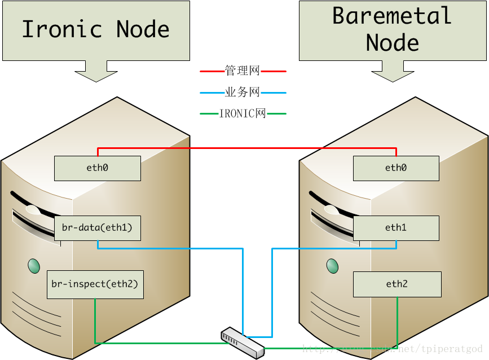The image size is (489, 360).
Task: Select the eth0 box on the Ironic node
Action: click(x=97, y=168)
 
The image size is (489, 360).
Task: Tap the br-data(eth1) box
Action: click(x=97, y=228)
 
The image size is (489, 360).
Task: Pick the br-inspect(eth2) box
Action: click(x=95, y=284)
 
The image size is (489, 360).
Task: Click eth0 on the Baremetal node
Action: click(x=396, y=168)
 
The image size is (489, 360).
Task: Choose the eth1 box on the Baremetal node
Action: click(x=396, y=228)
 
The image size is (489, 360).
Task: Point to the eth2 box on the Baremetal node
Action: click(x=397, y=284)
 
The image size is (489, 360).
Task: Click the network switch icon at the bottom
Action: click(x=243, y=341)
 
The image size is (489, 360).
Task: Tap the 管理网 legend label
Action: click(x=243, y=71)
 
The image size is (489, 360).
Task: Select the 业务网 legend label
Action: click(x=243, y=93)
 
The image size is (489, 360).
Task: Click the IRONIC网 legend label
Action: click(x=243, y=113)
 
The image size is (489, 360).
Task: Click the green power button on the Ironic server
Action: click(x=34, y=265)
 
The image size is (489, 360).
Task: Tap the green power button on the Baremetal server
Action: click(x=333, y=265)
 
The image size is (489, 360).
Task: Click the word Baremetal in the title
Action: click(x=392, y=16)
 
